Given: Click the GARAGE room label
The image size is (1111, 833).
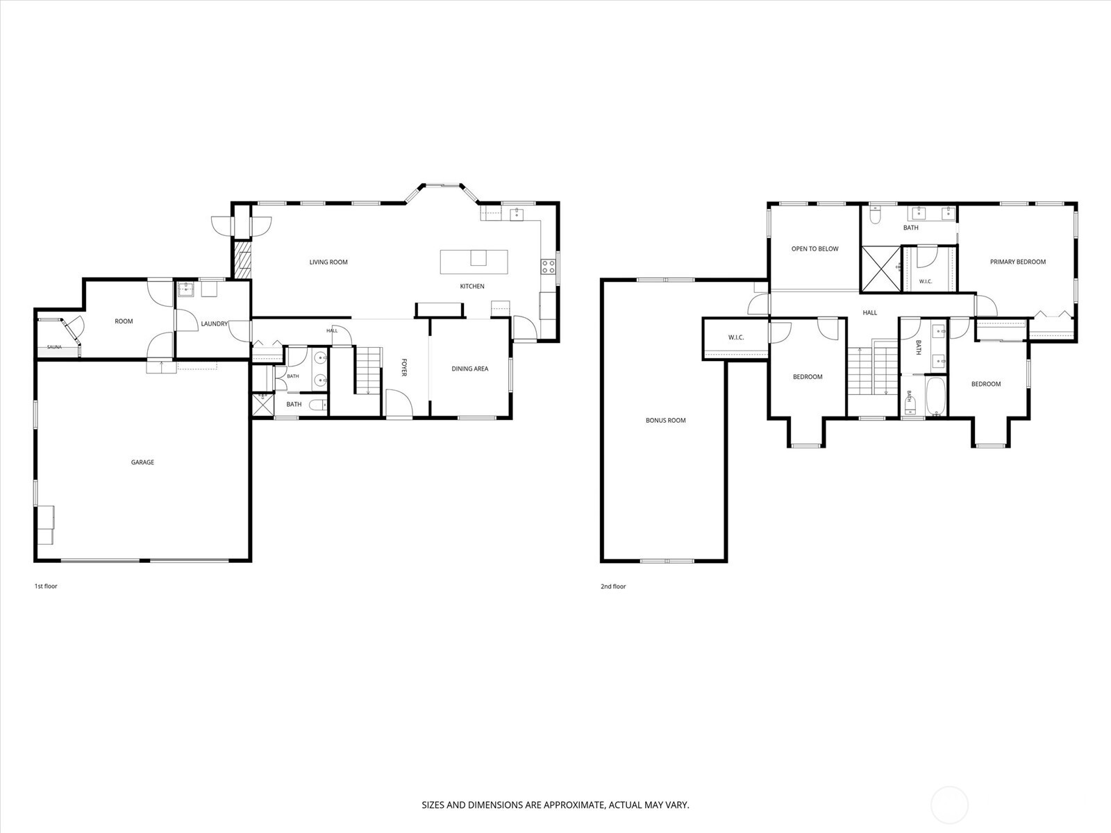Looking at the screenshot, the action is [x=142, y=462].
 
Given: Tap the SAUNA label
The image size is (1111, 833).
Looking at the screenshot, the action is [x=54, y=347].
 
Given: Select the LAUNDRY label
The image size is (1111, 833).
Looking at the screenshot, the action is [x=214, y=323].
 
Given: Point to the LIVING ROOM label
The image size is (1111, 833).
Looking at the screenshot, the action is [x=328, y=262].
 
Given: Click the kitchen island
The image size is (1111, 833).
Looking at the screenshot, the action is [x=474, y=262].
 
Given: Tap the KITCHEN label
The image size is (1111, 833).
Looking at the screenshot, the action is [x=471, y=286].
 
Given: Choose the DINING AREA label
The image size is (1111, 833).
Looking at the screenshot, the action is [x=469, y=369].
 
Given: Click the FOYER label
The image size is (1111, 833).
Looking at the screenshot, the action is [x=404, y=367].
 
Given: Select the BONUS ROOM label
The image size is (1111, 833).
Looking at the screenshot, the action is [x=666, y=420].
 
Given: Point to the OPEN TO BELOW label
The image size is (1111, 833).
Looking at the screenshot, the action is [x=815, y=249].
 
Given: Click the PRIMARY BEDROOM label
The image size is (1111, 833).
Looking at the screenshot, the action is [x=1018, y=262].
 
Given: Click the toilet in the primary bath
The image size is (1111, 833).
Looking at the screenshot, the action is [x=875, y=216].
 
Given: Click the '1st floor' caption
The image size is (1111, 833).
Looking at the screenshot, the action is [x=46, y=586].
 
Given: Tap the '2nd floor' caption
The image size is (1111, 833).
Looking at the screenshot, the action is [x=613, y=587].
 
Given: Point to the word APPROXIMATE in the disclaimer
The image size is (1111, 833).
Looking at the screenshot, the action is [x=574, y=805].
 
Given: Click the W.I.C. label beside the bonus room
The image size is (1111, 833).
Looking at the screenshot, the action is [x=736, y=337].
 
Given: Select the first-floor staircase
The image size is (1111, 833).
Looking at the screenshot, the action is [x=367, y=370].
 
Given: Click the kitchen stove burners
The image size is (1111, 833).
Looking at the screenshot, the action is [x=548, y=267].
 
